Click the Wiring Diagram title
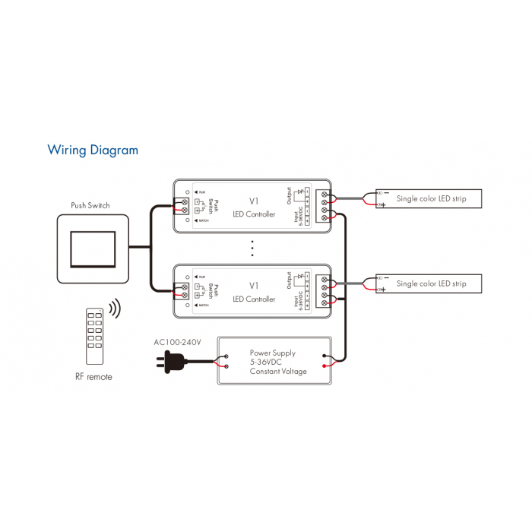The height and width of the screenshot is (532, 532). tap(93, 150)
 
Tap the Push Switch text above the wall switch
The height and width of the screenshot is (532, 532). tap(90, 205)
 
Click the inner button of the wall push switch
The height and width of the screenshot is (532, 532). tap(93, 248)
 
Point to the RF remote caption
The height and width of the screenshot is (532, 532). tap(93, 377)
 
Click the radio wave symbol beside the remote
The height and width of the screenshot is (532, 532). tap(115, 309)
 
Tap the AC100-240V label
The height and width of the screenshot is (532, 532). tap(177, 342)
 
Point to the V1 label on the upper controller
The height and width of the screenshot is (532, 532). tap(254, 201)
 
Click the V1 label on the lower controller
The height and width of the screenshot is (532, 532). tap(254, 285)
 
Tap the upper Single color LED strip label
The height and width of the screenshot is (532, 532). tap(431, 199)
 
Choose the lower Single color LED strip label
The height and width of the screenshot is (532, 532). tap(431, 283)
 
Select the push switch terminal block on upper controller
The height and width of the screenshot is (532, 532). tap(182, 206)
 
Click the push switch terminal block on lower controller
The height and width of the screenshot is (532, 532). tap(182, 290)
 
